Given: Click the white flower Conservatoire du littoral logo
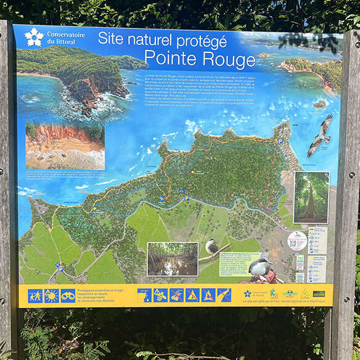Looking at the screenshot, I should tap(34, 38).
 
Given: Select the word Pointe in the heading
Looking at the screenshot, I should tap(168, 59).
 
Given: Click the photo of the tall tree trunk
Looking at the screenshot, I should tap(311, 197).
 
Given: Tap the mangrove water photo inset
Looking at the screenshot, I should tap(173, 258).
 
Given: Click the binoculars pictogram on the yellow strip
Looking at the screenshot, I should tap(67, 295).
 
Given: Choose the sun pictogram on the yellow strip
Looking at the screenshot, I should tap(51, 295).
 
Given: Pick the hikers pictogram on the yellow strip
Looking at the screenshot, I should tap(35, 295).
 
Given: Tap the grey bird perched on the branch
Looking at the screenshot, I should tap(211, 248).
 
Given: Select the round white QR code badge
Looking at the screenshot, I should tap(297, 241).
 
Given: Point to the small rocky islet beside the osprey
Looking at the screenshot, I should tap(319, 105).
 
